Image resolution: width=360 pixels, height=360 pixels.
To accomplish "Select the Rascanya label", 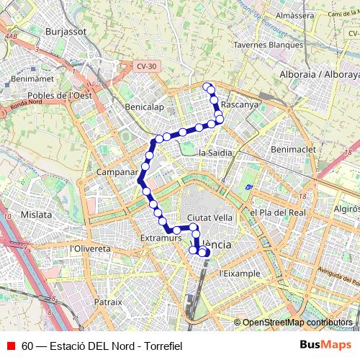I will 240,104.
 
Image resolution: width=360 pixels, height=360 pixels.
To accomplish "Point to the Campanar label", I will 116,174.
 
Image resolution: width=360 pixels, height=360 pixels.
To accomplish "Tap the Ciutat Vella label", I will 209,217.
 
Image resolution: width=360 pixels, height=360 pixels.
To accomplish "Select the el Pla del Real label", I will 278,212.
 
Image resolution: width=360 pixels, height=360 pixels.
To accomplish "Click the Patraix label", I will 108,302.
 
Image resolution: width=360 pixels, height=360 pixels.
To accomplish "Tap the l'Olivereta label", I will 91,248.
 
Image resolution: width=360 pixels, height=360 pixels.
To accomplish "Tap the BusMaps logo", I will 325,346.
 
